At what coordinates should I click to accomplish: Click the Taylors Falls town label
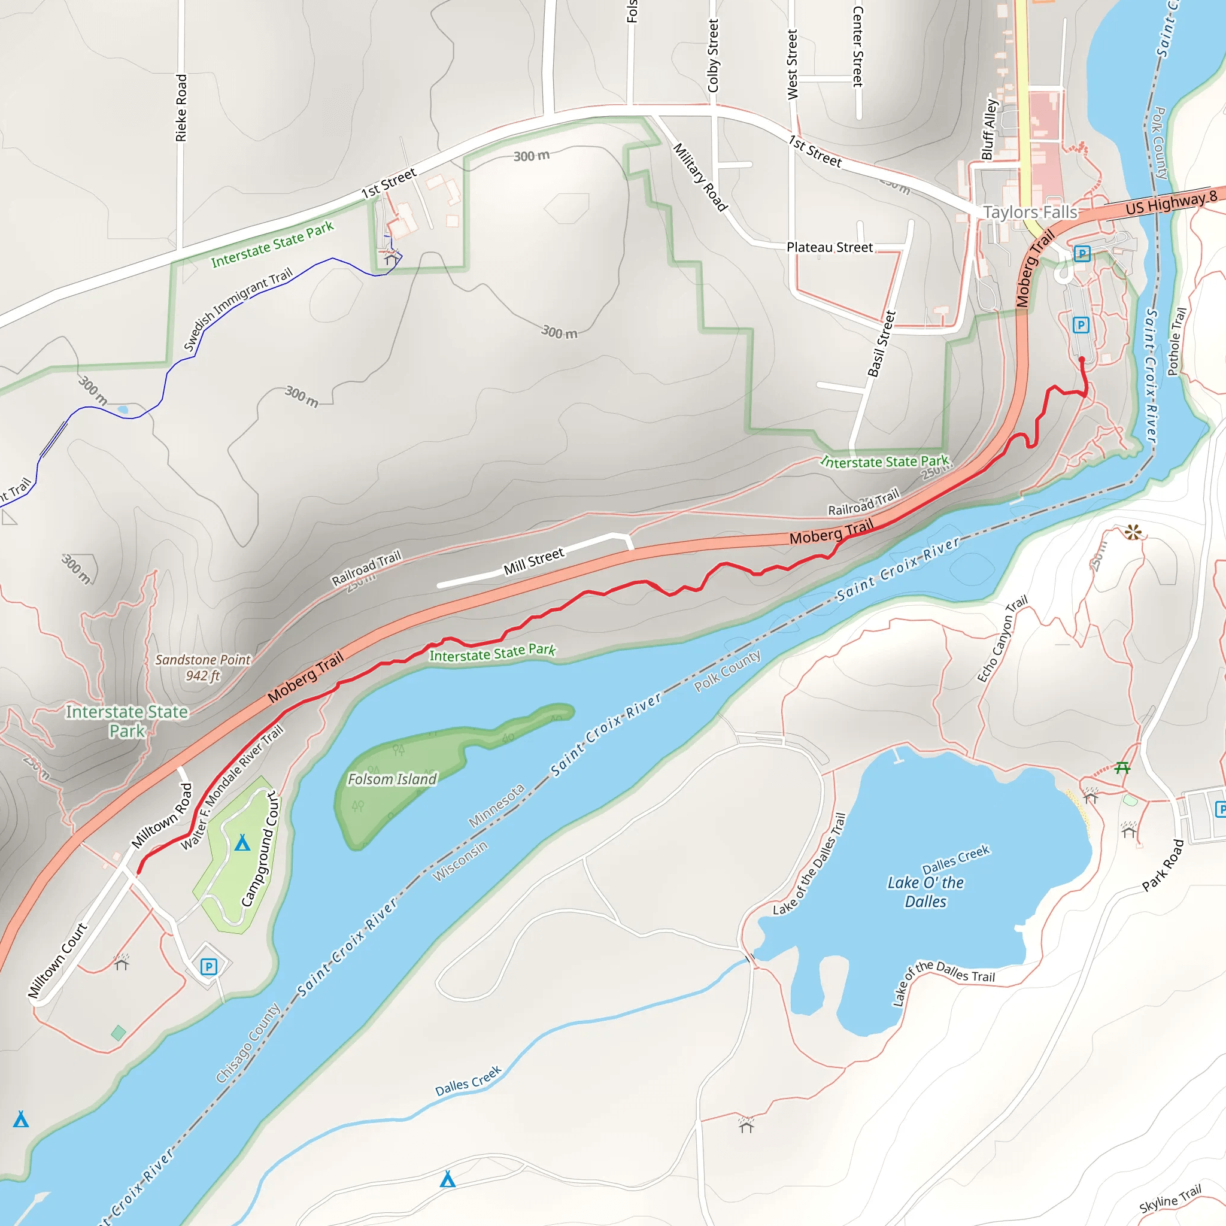[1029, 212]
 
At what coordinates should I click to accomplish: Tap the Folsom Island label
[392, 779]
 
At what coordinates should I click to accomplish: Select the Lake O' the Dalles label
[925, 891]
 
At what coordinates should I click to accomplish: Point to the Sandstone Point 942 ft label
[203, 667]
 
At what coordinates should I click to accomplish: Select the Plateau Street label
[829, 247]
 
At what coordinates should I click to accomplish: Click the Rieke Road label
[181, 108]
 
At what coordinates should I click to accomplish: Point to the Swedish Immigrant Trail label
[238, 309]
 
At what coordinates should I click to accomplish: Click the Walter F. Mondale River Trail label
[232, 788]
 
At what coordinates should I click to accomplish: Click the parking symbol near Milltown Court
[208, 966]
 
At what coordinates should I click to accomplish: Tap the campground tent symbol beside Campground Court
[242, 843]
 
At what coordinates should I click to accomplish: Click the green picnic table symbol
[1122, 768]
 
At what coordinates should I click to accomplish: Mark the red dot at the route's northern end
[1082, 360]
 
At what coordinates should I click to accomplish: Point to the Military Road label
[699, 177]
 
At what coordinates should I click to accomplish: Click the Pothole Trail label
[1176, 341]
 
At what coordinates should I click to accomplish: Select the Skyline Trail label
[1170, 1197]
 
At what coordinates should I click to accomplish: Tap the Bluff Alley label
[990, 129]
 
